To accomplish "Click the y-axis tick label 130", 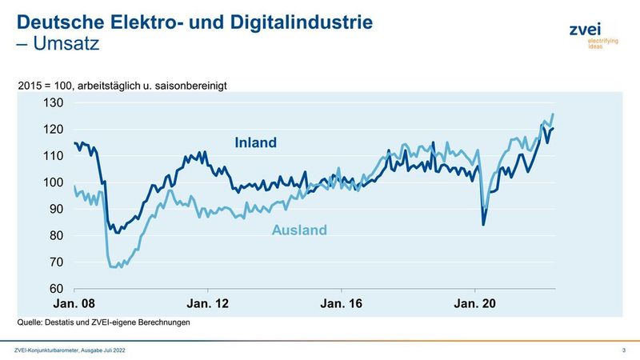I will [x=53, y=103].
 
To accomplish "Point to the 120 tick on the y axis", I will [x=53, y=130].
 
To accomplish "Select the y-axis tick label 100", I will [x=53, y=182].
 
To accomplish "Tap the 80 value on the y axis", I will [x=55, y=236].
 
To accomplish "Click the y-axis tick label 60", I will [x=55, y=289].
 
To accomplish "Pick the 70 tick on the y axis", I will [x=55, y=262].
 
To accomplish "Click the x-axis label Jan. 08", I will [x=74, y=304].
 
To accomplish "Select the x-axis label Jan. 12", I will [x=208, y=304].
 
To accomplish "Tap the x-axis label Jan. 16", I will [x=342, y=304].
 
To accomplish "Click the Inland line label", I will [x=255, y=143].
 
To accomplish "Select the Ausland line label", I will [x=300, y=230].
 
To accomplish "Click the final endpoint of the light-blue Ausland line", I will [x=553, y=114].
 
